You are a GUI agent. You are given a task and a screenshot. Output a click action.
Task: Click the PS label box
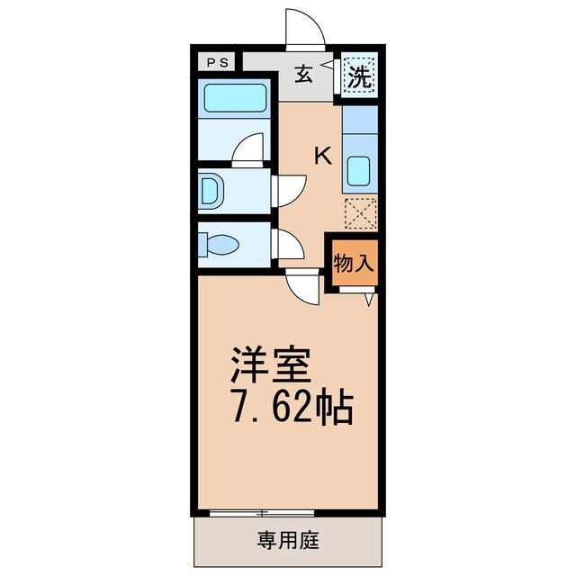(216, 62)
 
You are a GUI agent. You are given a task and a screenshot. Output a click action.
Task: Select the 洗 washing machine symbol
(360, 76)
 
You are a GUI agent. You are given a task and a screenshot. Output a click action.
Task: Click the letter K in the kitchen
(321, 155)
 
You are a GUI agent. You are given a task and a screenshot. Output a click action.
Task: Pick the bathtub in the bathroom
(234, 98)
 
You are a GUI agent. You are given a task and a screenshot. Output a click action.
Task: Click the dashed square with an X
(360, 213)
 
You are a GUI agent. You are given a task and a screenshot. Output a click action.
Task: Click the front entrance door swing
(304, 27)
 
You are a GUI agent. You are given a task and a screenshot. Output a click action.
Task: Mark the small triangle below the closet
(370, 301)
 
